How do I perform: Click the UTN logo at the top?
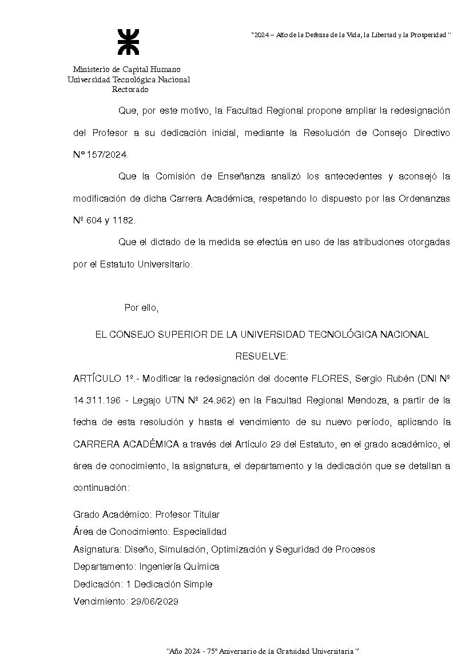point(128,42)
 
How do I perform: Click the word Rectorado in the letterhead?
point(130,90)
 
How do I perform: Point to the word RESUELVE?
point(262,357)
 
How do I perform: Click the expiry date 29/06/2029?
point(154,601)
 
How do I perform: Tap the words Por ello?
point(141,308)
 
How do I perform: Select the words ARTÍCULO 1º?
point(105,378)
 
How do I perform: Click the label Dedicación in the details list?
point(98,584)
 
